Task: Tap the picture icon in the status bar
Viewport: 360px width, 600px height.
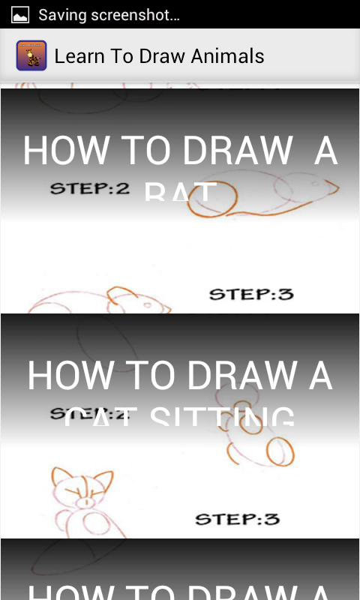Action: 20,14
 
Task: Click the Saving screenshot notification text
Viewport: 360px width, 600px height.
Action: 109,14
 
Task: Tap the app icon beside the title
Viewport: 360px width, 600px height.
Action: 31,55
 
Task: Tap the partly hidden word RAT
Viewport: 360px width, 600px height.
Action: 180,193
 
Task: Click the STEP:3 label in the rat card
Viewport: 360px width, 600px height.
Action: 250,294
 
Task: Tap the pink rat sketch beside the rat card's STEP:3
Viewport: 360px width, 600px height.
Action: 112,303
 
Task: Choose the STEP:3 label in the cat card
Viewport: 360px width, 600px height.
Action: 237,518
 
